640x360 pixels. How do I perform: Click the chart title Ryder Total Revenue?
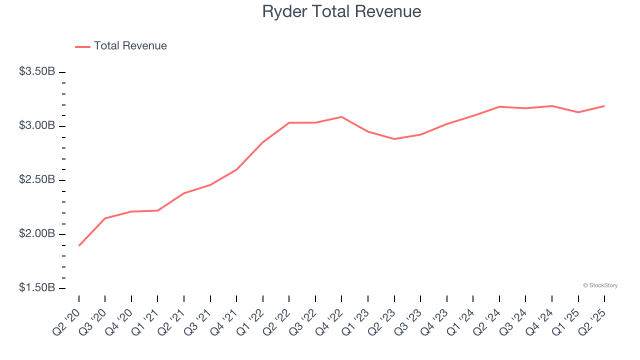341,11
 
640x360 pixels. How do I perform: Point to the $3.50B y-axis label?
37,71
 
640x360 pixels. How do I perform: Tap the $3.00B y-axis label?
37,125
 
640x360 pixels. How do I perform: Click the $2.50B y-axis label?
37,179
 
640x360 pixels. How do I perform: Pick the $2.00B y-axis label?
37,234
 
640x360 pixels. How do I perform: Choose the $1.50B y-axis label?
37,288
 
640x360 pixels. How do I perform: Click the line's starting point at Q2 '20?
79,245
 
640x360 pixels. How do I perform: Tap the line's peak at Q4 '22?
341,117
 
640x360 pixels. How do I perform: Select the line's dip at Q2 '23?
394,139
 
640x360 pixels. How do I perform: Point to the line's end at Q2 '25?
604,106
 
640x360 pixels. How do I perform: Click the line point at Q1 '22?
263,142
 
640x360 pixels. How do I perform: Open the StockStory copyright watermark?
600,285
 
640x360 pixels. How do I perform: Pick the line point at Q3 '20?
105,218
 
